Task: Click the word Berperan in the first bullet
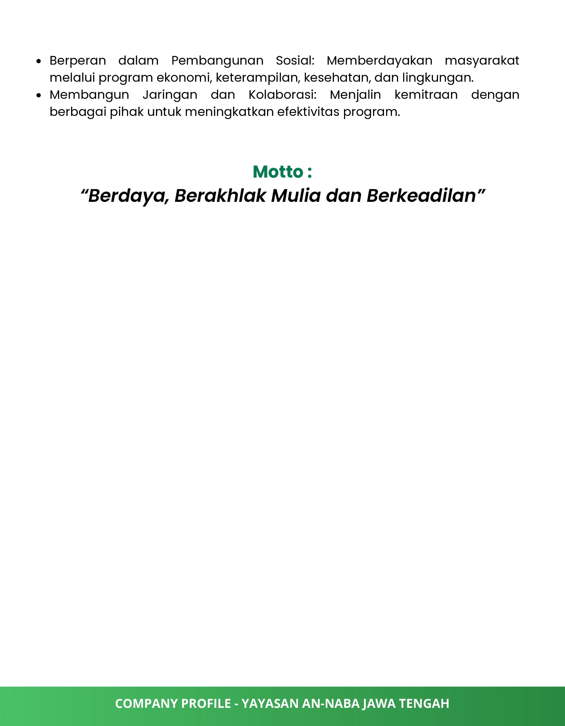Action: [x=78, y=61]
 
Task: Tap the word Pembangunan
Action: [x=217, y=61]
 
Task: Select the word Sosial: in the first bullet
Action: [x=295, y=61]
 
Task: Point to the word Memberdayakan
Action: [x=379, y=61]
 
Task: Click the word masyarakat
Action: [x=482, y=61]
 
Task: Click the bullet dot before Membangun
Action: [x=39, y=95]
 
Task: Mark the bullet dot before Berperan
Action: [x=39, y=61]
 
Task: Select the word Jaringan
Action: [x=170, y=95]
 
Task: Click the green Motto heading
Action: [x=282, y=172]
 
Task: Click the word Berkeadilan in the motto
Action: [x=421, y=196]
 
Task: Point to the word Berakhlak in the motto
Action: [x=220, y=196]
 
